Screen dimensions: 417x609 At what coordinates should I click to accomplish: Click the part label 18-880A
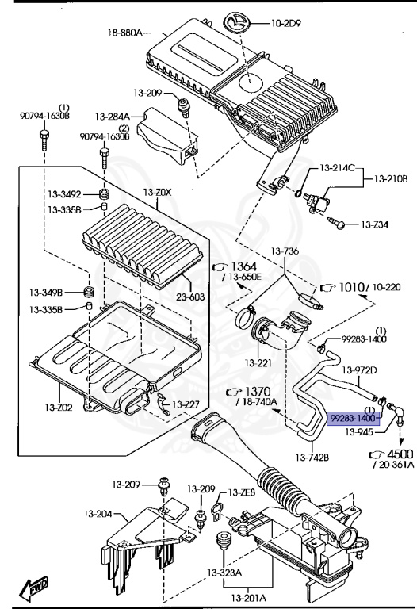pyautogui.click(x=125, y=33)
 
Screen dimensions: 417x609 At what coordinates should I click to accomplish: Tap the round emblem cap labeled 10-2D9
pyautogui.click(x=237, y=23)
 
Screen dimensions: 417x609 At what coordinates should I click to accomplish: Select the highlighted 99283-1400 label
pyautogui.click(x=354, y=419)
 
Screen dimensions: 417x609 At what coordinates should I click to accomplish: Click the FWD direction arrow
pyautogui.click(x=35, y=588)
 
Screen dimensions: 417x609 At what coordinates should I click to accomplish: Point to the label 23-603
pyautogui.click(x=190, y=297)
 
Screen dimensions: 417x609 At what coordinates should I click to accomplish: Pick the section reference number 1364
pyautogui.click(x=244, y=266)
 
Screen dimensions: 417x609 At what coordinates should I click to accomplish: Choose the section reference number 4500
pyautogui.click(x=401, y=454)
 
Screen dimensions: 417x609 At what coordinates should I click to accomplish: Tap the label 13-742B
pyautogui.click(x=312, y=458)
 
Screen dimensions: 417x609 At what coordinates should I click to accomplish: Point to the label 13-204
pyautogui.click(x=98, y=514)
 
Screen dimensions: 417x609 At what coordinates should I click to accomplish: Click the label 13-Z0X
pyautogui.click(x=157, y=192)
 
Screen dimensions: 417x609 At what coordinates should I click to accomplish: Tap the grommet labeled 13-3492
pyautogui.click(x=104, y=193)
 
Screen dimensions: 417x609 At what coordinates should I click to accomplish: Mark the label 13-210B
pyautogui.click(x=391, y=179)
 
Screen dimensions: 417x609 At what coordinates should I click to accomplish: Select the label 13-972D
pyautogui.click(x=359, y=370)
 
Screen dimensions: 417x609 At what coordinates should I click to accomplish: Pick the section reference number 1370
pyautogui.click(x=258, y=392)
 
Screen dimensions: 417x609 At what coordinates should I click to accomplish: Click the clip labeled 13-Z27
pyautogui.click(x=164, y=404)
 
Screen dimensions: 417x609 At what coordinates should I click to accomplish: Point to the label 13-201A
pyautogui.click(x=248, y=597)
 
